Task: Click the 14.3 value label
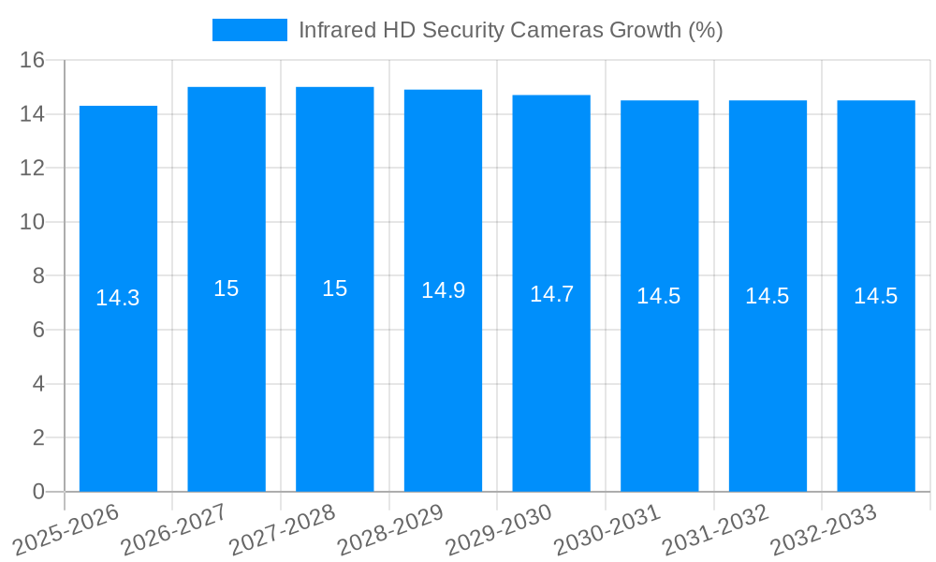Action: coord(118,298)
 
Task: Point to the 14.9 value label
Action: coord(443,290)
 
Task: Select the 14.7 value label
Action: coord(551,294)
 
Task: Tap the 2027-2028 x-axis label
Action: coord(283,528)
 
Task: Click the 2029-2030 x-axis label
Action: coord(499,528)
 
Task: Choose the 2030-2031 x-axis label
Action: coord(607,528)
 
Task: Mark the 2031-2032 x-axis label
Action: coord(716,528)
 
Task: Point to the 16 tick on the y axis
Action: coord(33,61)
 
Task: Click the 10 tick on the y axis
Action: coord(33,223)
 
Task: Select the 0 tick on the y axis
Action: coord(38,492)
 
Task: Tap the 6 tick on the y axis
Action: coord(38,331)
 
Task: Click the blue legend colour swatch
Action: coord(249,30)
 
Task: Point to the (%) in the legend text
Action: coord(706,30)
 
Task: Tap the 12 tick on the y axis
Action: coord(33,169)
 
